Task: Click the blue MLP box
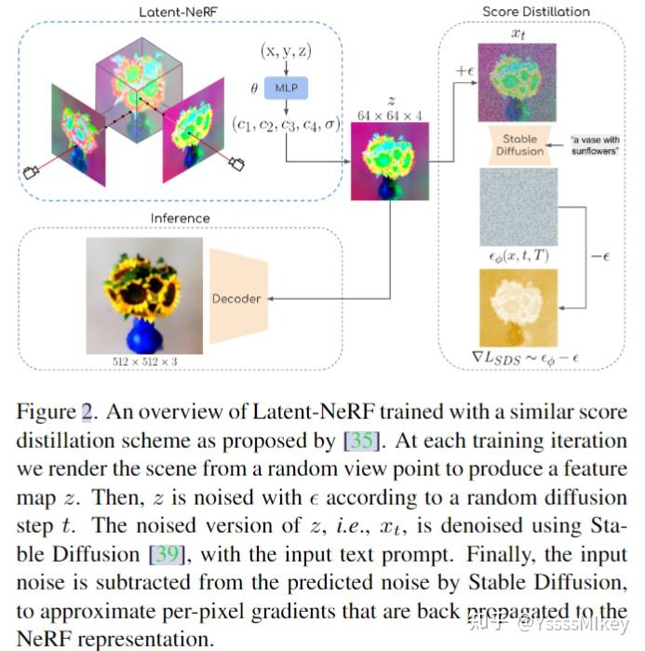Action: click(x=288, y=87)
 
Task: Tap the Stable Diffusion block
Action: click(x=519, y=145)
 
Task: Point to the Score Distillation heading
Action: click(x=535, y=11)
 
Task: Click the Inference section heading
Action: click(x=181, y=218)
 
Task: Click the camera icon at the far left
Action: click(x=31, y=171)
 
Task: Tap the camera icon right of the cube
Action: click(x=236, y=165)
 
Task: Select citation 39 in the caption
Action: click(x=168, y=555)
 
